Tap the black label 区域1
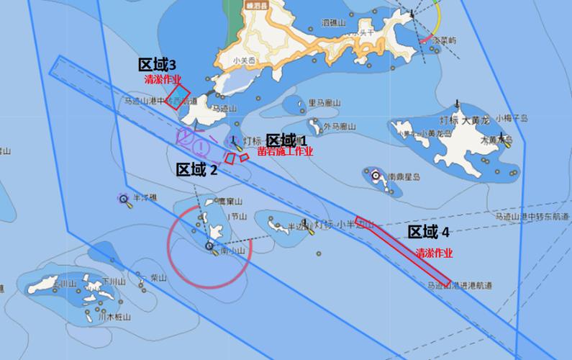(286, 140)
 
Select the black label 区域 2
(196, 170)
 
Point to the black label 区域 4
(429, 232)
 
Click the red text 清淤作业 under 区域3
(163, 79)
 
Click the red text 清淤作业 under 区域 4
(435, 253)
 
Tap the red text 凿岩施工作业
(289, 151)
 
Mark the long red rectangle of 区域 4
(403, 250)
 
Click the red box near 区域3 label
(178, 96)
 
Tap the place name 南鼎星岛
(403, 176)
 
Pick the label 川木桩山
(114, 316)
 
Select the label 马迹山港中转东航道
(529, 216)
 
